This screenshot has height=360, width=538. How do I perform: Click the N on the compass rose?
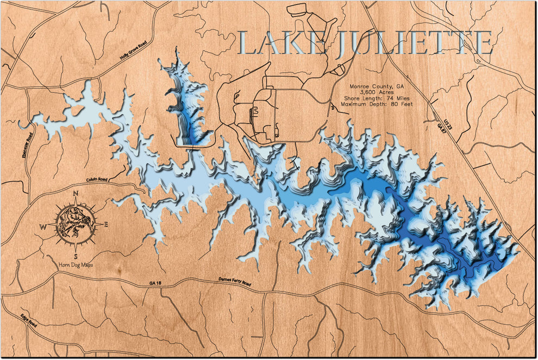pos(76,195)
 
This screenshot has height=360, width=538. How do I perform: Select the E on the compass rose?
pos(106,224)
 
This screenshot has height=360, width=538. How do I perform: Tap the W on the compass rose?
pos(43,227)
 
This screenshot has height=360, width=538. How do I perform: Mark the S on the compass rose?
pos(76,256)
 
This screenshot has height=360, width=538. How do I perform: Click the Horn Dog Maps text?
pos(76,265)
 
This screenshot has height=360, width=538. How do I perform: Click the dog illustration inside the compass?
pos(75,224)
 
